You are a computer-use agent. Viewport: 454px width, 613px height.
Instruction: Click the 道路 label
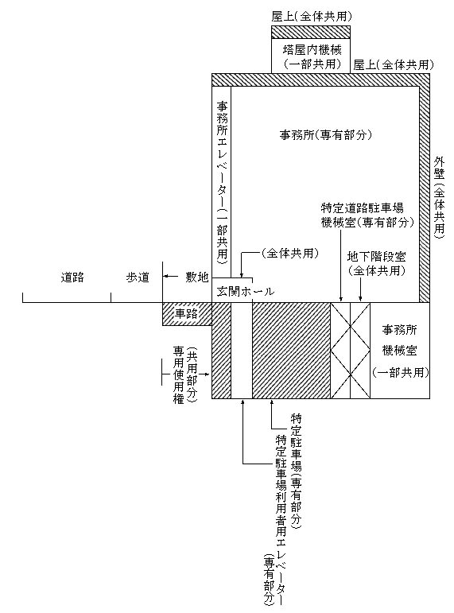tap(72, 277)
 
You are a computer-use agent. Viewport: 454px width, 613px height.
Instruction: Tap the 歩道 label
tap(138, 277)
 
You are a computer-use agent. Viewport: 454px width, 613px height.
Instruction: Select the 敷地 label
tap(196, 277)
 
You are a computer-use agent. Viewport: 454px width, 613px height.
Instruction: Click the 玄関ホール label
tap(245, 292)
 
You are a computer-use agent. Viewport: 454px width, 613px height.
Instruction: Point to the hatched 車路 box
tap(187, 313)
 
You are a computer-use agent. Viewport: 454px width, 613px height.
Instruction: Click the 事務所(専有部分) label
tap(325, 135)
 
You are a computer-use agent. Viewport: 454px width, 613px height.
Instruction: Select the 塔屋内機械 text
tap(312, 49)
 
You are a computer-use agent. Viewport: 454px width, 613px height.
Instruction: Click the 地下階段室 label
tap(377, 257)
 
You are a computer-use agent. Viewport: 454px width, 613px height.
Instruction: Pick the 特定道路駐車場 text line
tap(362, 208)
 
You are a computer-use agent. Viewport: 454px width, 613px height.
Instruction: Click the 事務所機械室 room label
tap(399, 340)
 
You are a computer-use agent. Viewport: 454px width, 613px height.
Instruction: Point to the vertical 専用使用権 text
tap(179, 374)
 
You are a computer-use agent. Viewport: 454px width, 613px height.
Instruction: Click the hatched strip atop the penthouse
tap(311, 32)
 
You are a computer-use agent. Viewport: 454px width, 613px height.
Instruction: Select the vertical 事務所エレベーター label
tap(222, 184)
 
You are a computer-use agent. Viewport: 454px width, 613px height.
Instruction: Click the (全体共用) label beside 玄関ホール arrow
tap(289, 254)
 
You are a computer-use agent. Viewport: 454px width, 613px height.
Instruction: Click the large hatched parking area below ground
tap(291, 351)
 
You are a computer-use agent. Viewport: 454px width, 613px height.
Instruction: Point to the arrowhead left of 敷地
tap(166, 277)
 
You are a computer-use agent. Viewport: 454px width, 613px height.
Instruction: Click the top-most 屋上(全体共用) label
tap(312, 17)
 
